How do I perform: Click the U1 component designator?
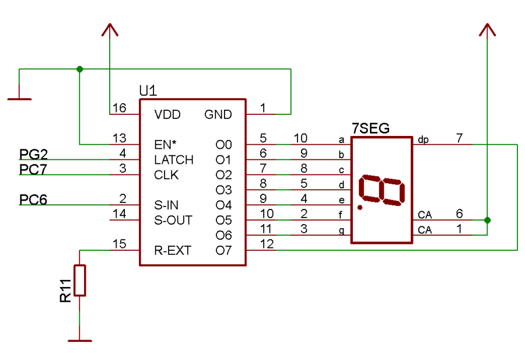(148, 91)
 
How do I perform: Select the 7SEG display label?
(370, 128)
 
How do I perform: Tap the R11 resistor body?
(80, 281)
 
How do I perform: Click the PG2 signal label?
(34, 154)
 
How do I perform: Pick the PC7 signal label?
(34, 169)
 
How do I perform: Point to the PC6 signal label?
(34, 200)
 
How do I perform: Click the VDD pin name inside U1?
(167, 114)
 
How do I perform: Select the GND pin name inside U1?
(218, 114)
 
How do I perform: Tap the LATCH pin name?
(173, 160)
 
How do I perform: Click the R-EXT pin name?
(172, 251)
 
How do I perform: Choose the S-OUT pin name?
(173, 221)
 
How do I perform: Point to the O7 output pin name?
(223, 251)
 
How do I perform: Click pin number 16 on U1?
(118, 108)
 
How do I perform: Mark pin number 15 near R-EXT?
(118, 244)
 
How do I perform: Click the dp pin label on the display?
(423, 140)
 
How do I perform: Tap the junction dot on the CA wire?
(488, 220)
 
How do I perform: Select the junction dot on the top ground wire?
(80, 69)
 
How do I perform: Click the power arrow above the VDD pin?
(109, 29)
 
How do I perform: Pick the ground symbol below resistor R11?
(80, 340)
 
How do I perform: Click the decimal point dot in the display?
(360, 207)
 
